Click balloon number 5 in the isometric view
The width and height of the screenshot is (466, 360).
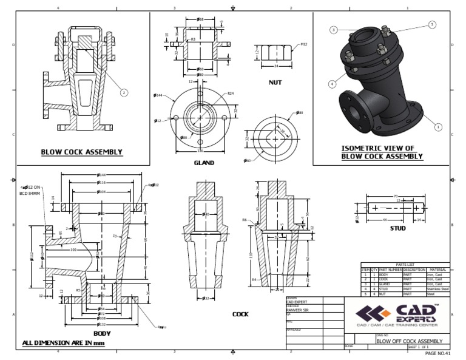pos(432,24)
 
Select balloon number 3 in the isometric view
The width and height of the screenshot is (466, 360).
pos(333,29)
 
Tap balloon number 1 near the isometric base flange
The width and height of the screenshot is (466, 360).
pos(438,127)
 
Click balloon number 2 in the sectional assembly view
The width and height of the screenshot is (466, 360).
pos(124,93)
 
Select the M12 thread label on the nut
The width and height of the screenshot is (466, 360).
pos(304,44)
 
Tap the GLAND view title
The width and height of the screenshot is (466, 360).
pos(204,163)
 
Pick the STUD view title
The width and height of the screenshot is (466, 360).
pos(397,229)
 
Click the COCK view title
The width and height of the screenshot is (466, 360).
pos(240,314)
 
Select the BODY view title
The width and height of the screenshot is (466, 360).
pos(102,333)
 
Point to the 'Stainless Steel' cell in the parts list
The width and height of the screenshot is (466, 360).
pos(437,289)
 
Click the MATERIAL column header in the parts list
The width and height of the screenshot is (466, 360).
pos(437,270)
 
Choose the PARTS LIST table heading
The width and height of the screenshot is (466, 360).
pos(405,265)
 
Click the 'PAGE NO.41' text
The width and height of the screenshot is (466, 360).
pos(438,353)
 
